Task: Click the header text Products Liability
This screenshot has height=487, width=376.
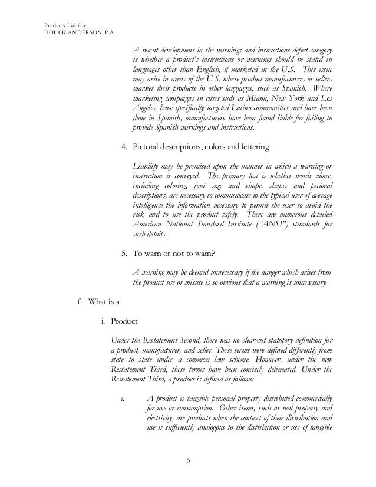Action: coord(65,25)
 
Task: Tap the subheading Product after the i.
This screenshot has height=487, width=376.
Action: coord(124,323)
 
